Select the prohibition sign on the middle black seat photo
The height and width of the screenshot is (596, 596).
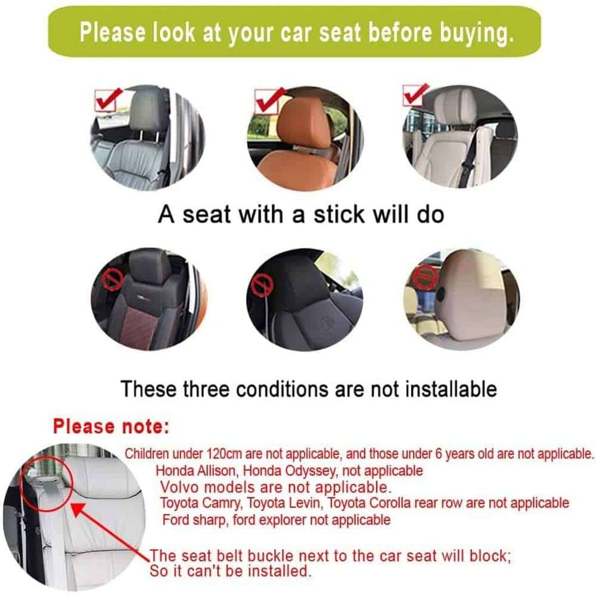260,285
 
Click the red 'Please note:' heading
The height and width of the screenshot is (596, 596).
111,426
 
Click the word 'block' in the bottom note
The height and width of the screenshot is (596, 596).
493,557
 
